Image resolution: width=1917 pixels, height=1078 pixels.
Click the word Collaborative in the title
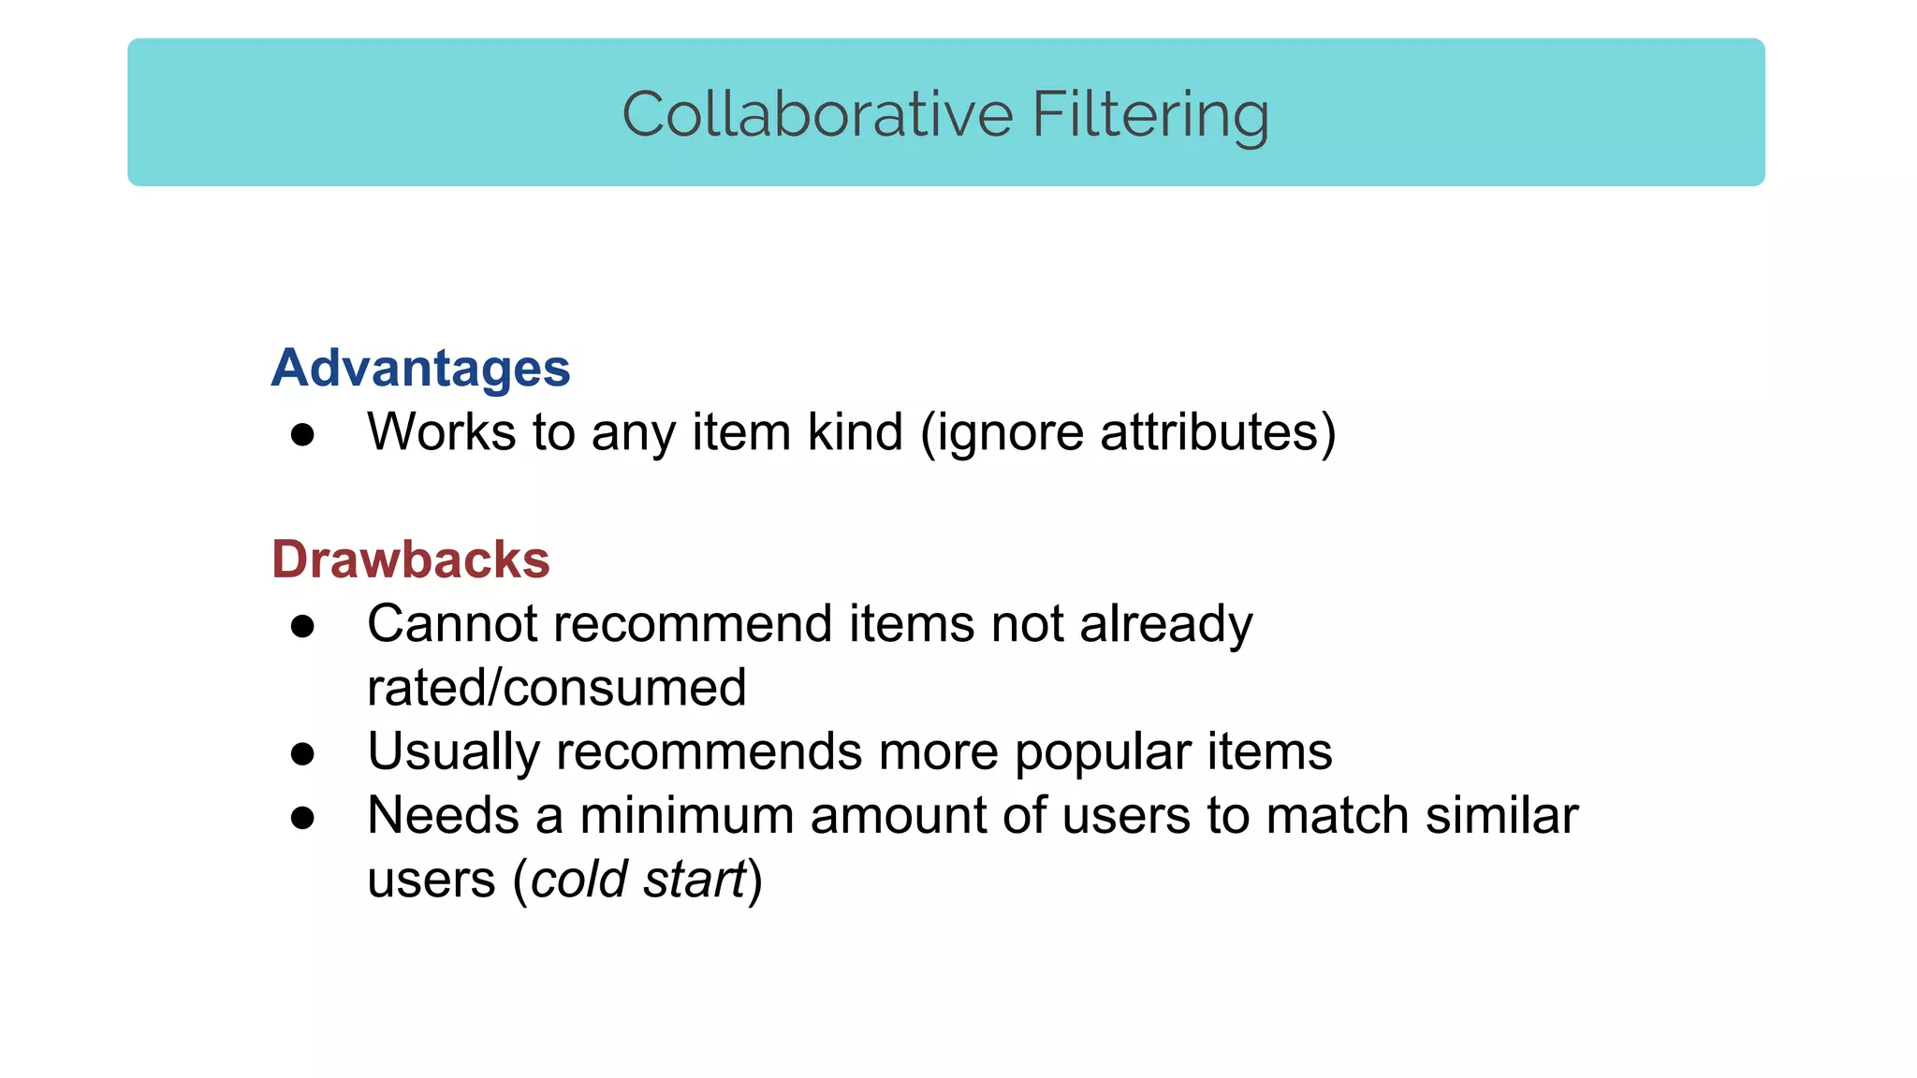[817, 114]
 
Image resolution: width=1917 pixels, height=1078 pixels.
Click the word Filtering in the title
[1150, 114]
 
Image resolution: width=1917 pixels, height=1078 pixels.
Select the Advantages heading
[420, 368]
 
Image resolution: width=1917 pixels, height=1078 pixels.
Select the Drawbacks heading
[410, 560]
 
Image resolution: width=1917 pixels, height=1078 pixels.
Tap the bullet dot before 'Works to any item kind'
[302, 434]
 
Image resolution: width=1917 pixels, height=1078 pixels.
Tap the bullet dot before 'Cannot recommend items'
[302, 626]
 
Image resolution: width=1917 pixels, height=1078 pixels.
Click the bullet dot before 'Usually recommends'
[302, 753]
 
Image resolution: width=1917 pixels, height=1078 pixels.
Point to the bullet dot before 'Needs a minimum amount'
[302, 818]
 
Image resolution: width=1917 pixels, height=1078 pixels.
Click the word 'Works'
[441, 432]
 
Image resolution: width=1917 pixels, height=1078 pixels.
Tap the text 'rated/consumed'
[556, 688]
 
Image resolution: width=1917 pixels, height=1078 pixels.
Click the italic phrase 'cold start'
[638, 880]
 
